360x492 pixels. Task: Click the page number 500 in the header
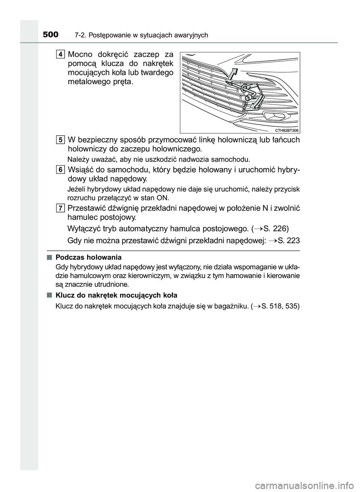50,35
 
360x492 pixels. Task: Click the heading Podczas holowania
88,257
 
